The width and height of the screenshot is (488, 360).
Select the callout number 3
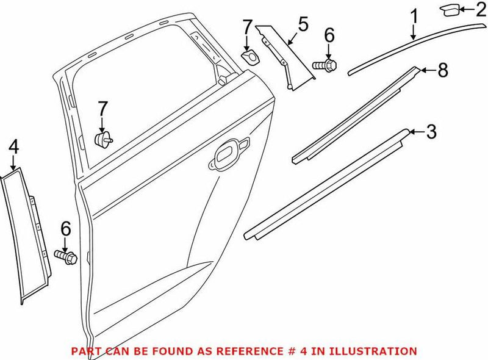point(431,131)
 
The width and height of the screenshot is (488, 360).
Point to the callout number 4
point(13,147)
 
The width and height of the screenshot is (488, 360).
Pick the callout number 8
point(442,70)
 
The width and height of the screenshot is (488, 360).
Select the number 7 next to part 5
point(247,27)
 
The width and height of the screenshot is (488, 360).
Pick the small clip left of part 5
point(249,57)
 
